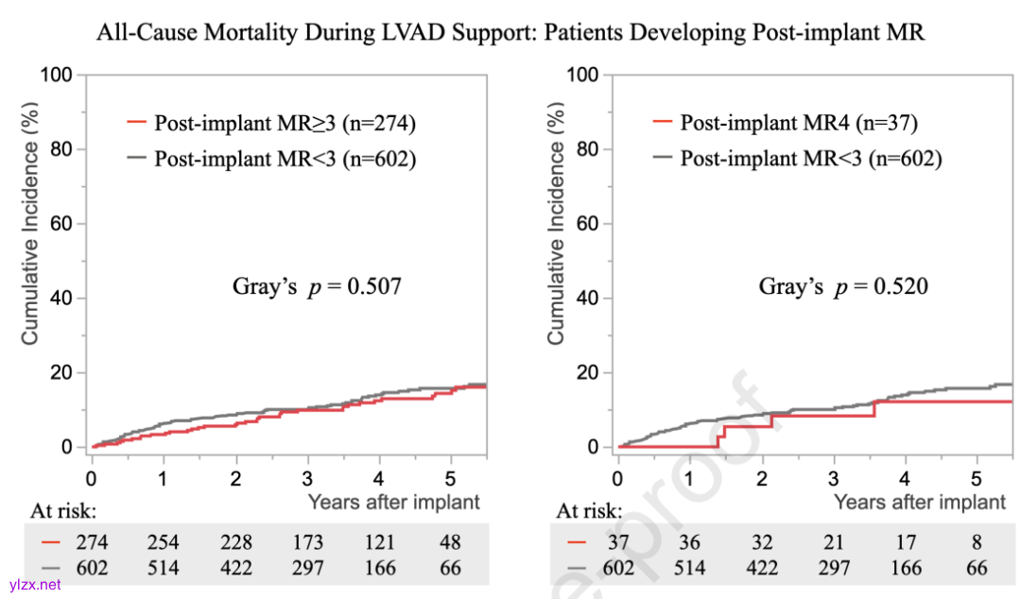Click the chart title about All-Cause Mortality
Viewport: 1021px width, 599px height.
coord(510,32)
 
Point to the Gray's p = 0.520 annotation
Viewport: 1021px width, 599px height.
coord(843,285)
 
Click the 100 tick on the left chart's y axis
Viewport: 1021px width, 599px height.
coord(59,75)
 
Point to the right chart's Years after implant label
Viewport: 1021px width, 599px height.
coord(920,502)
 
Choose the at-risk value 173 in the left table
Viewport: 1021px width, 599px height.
coord(307,543)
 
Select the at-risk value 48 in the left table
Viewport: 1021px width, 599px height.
coord(452,543)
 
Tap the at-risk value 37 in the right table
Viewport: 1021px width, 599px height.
coord(617,543)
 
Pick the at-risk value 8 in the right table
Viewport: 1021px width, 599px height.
coord(978,543)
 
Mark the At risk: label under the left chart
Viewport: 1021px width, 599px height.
coord(62,511)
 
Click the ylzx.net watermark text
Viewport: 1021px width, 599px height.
coord(35,584)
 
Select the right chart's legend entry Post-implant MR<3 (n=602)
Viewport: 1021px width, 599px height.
coord(811,159)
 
